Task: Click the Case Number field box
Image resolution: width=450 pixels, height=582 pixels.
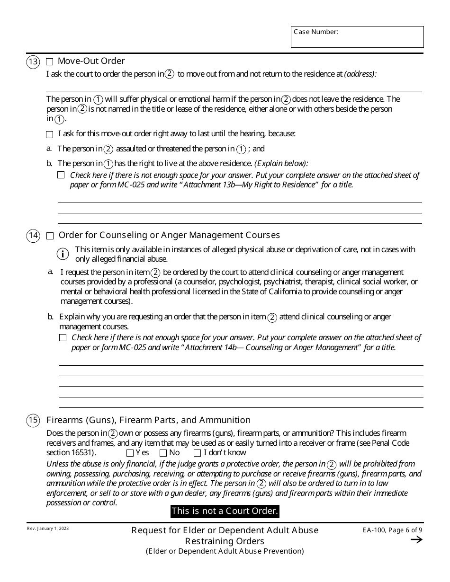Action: click(x=357, y=37)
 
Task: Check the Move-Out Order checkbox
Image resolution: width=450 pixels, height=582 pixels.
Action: click(x=50, y=62)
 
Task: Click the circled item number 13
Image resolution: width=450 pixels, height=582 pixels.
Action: click(x=33, y=62)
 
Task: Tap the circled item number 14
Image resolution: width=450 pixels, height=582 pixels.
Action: click(x=33, y=236)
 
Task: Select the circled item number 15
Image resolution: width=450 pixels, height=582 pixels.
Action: click(x=33, y=420)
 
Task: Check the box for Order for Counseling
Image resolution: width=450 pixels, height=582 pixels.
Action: click(x=50, y=236)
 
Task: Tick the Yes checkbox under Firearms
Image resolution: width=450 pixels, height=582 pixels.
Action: click(x=130, y=453)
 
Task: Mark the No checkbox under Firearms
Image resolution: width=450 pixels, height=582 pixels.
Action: click(x=163, y=453)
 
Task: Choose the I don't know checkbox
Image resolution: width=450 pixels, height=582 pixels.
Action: click(x=197, y=453)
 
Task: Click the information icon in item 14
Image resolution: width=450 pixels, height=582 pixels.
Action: click(x=63, y=254)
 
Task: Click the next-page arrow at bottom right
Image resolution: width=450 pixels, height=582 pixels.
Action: click(x=416, y=540)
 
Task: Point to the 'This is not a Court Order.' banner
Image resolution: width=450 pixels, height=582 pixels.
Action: click(x=225, y=511)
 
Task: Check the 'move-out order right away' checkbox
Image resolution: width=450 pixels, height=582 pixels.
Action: click(x=50, y=134)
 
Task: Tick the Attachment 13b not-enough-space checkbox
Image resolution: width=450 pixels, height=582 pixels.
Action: click(x=61, y=175)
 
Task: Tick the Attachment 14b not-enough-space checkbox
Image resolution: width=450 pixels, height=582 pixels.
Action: click(x=63, y=338)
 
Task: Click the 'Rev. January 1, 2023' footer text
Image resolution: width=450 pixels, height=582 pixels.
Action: click(x=47, y=529)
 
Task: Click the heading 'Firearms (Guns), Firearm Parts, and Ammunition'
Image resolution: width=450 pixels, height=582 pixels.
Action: click(x=148, y=420)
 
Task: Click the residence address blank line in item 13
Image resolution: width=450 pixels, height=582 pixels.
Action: click(x=234, y=86)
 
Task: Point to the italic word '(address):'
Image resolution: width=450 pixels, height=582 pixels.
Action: click(x=360, y=74)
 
